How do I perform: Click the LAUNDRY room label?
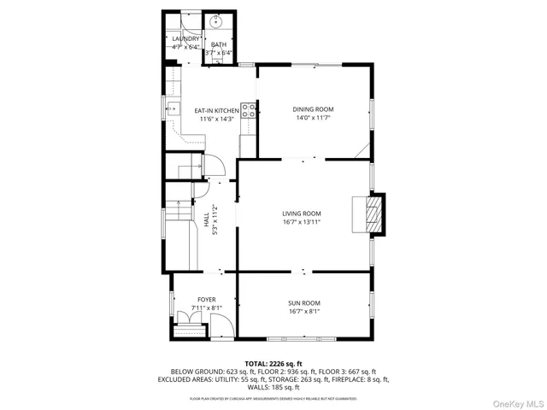(x=185, y=38)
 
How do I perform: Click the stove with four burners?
(x=248, y=110)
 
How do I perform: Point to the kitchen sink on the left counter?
(x=173, y=108)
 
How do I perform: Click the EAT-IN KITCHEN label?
(x=216, y=111)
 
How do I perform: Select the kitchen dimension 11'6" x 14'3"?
(x=216, y=119)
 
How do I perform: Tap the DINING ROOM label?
(x=313, y=109)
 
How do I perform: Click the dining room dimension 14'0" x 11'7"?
(x=313, y=118)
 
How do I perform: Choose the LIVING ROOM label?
(x=302, y=214)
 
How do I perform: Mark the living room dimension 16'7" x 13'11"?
(x=302, y=222)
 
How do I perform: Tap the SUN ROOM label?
(x=303, y=303)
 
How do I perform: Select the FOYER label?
(x=206, y=299)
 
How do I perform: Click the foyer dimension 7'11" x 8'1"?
(x=206, y=307)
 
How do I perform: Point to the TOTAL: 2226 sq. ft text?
(x=273, y=364)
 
